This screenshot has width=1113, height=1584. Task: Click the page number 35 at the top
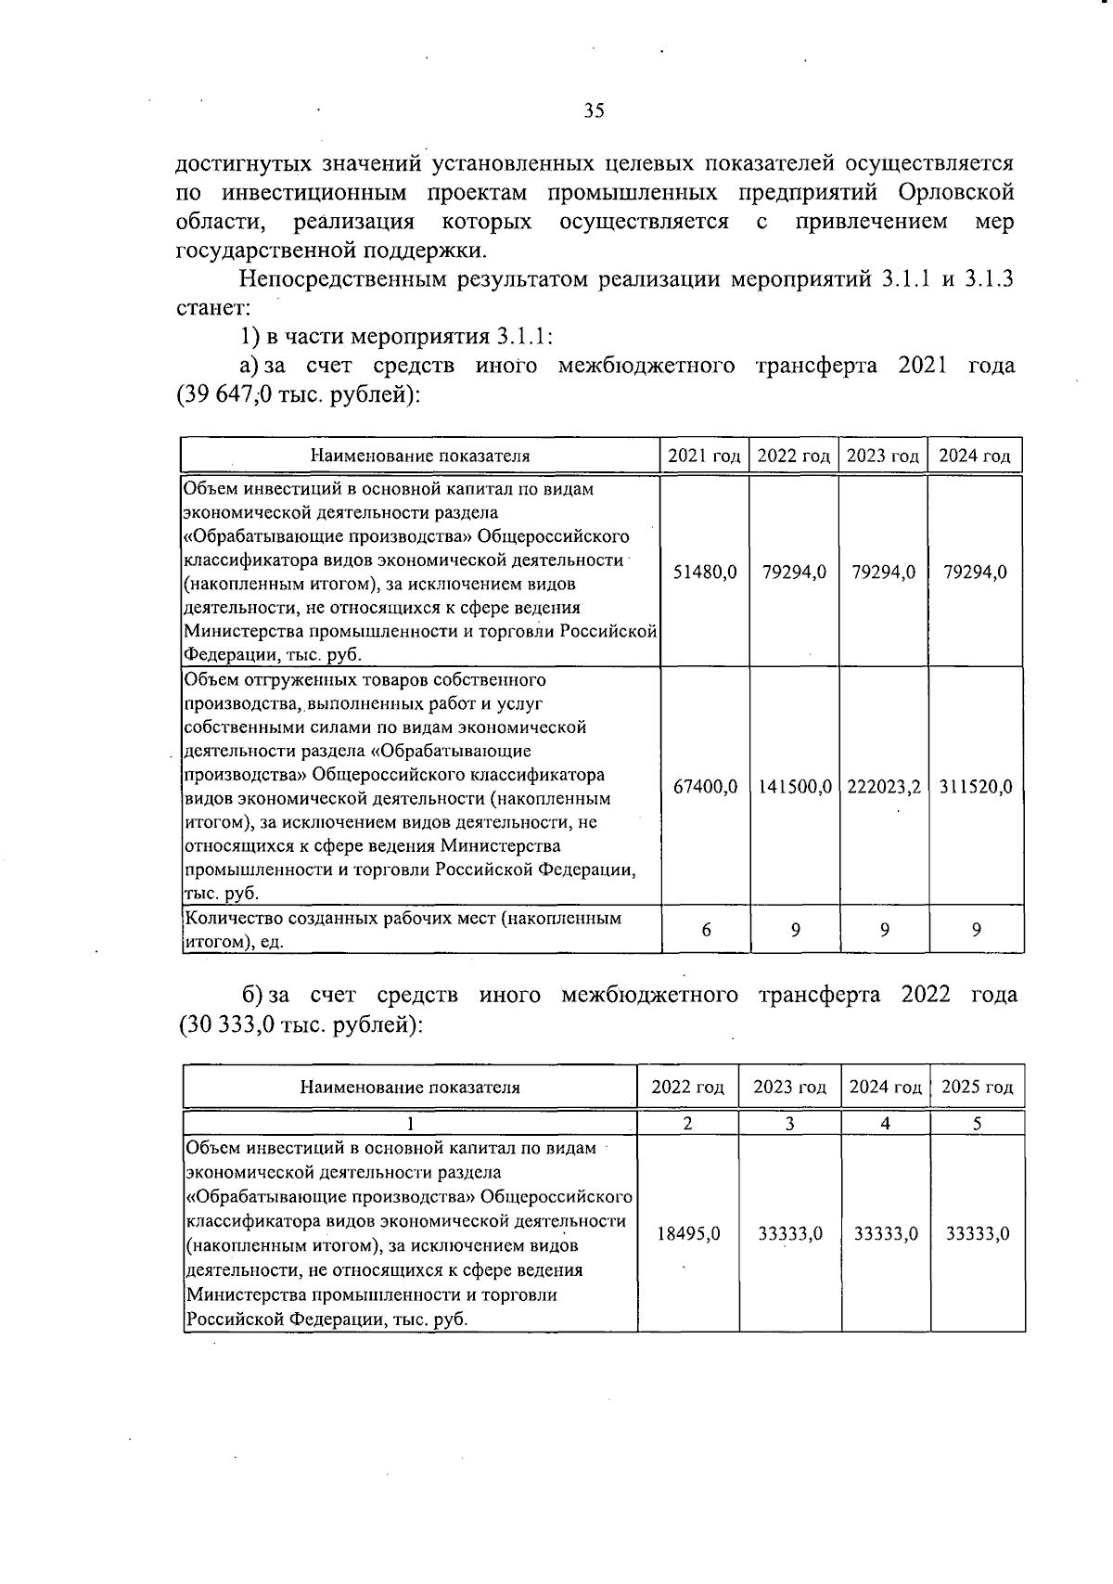[x=594, y=111]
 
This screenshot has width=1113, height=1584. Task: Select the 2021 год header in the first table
[x=704, y=456]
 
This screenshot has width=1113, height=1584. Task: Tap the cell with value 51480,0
[x=704, y=572]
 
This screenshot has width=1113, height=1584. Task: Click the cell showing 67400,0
[x=704, y=787]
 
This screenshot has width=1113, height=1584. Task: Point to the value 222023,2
[x=883, y=787]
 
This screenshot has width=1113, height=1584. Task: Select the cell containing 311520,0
[x=975, y=787]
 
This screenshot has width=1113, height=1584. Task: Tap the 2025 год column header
[x=977, y=1087]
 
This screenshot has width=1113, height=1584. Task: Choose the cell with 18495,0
[x=688, y=1234]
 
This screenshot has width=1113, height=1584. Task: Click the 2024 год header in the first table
[x=975, y=456]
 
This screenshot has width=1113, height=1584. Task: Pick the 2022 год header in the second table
[x=687, y=1087]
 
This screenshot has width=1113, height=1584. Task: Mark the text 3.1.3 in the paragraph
[x=990, y=278]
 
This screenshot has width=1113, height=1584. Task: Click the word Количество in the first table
[x=228, y=919]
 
